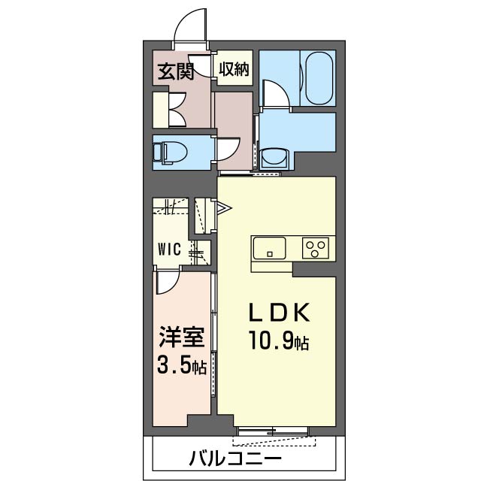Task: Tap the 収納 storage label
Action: point(234,70)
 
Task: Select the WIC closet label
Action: point(169,250)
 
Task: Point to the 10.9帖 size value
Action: point(279,343)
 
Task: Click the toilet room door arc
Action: point(226,149)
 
